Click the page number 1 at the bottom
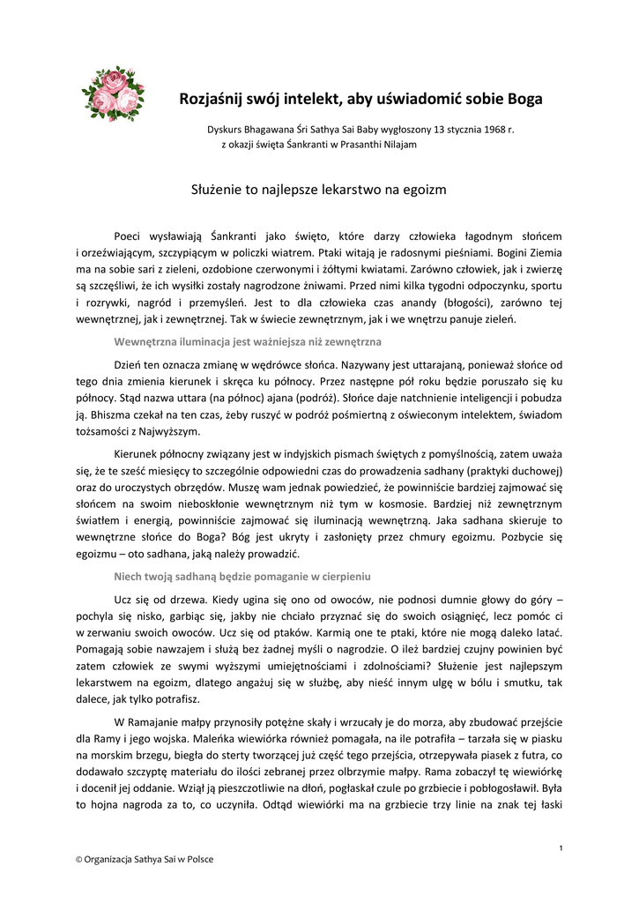tap(561, 847)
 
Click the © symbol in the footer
tap(78, 860)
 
